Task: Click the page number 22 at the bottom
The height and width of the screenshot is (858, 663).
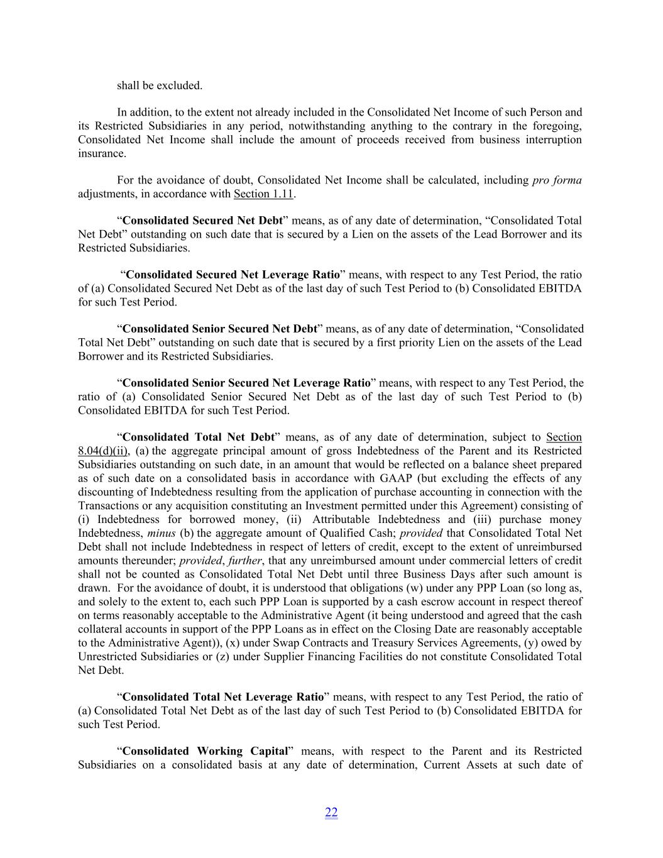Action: (331, 813)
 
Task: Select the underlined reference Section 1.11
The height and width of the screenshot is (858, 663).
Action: (264, 194)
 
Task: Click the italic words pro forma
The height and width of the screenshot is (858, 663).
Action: (557, 180)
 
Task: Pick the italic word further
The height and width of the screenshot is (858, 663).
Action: (244, 561)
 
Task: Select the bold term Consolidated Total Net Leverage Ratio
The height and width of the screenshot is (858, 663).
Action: (223, 697)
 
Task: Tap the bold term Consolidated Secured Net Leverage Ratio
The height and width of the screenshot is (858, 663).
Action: (233, 275)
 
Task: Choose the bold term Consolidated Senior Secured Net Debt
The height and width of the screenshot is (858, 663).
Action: (220, 329)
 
